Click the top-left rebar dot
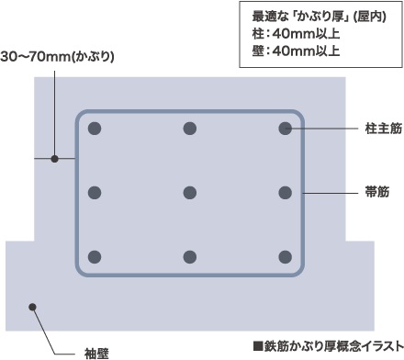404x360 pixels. (x=95, y=129)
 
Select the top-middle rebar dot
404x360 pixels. (x=190, y=129)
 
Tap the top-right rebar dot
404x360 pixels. (x=285, y=129)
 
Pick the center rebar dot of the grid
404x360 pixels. (x=190, y=193)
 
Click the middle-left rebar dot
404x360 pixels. (x=95, y=193)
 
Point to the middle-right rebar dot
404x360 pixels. (x=285, y=193)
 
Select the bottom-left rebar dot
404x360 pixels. (x=95, y=257)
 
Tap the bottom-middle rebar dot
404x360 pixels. (x=190, y=257)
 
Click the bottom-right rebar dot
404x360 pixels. (x=285, y=257)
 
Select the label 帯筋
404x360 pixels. (x=376, y=194)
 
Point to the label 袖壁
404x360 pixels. (x=97, y=352)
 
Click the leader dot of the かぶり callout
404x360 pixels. (x=54, y=160)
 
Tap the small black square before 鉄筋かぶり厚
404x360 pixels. (x=259, y=346)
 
